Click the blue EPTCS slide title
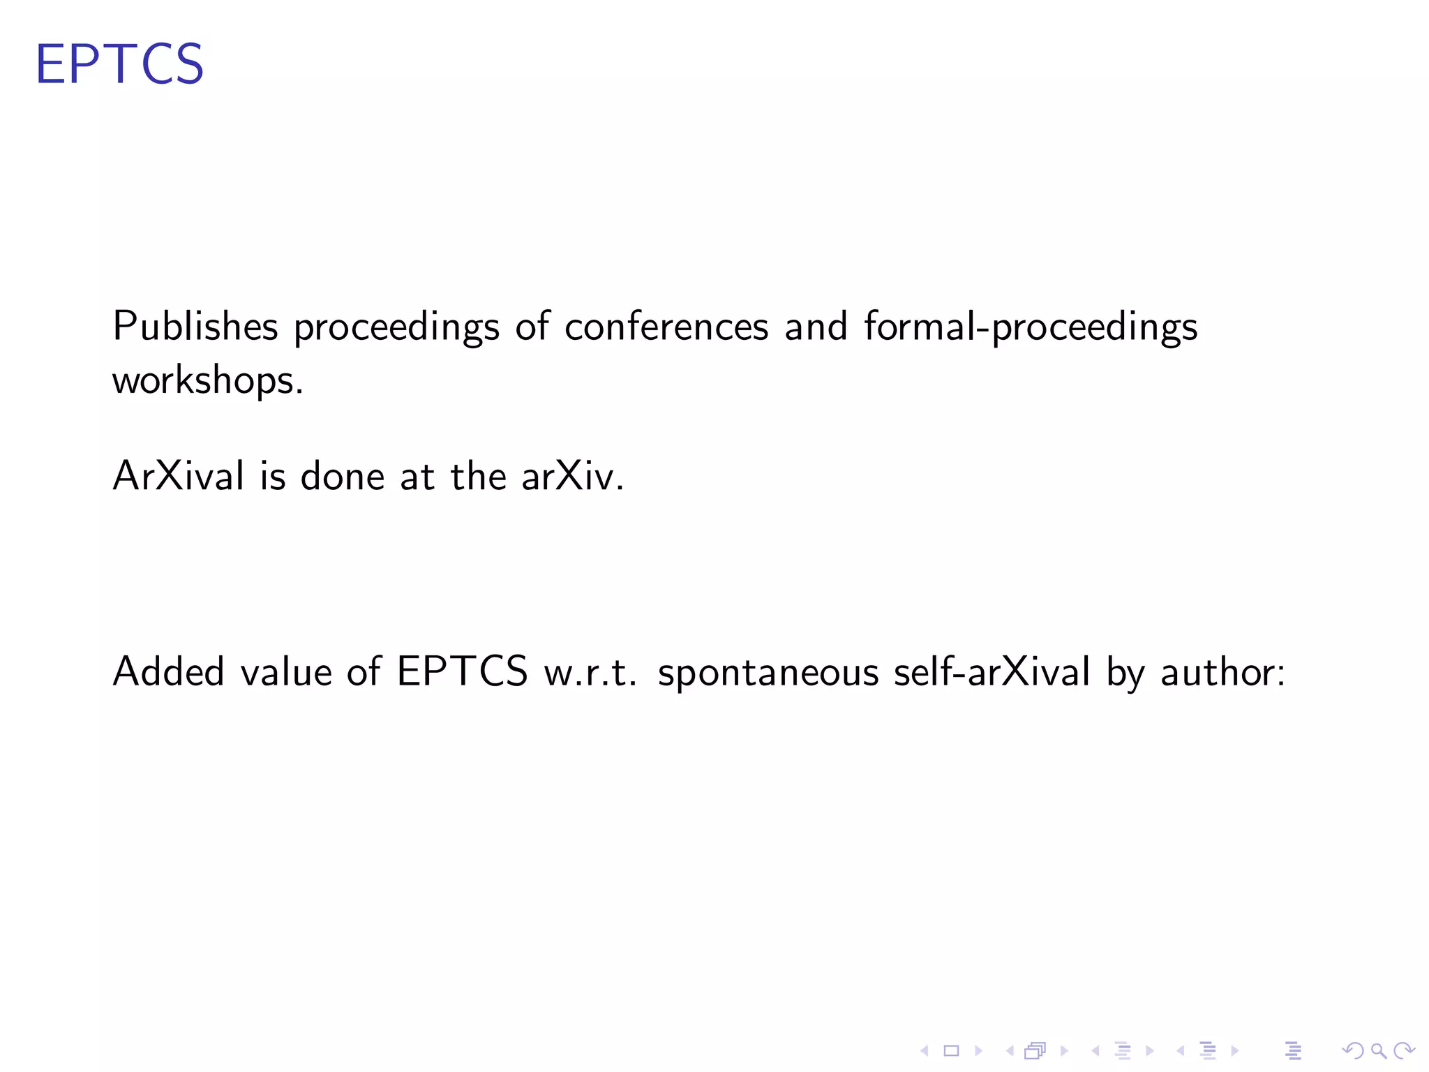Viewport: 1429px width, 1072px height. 119,64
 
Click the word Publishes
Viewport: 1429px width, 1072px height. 195,327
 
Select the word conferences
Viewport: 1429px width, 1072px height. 666,327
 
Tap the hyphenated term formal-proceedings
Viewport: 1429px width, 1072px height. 1030,327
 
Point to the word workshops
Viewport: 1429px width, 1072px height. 207,381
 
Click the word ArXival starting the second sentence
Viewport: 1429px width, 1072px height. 179,477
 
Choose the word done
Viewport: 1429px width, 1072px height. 343,477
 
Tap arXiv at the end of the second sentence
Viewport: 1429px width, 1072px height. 571,477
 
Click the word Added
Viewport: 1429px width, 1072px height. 168,672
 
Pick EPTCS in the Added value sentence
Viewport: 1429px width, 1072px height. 462,672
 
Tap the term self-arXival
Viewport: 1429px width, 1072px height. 992,672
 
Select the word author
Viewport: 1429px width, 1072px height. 1222,672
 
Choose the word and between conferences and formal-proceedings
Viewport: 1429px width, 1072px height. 816,327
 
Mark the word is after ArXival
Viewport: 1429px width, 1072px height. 273,477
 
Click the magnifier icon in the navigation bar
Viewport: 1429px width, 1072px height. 1378,1050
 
